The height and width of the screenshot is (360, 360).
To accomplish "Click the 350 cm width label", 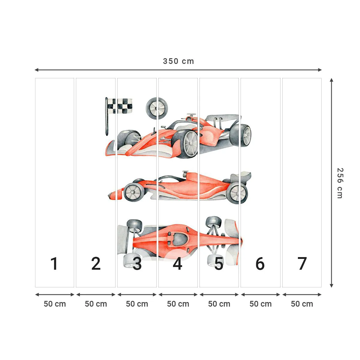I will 178,61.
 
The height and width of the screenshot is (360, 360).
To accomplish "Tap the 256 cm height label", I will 340,183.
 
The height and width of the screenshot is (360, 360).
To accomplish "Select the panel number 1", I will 54,264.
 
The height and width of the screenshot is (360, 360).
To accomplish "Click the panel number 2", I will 96,264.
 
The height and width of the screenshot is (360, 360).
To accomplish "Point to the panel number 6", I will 260,264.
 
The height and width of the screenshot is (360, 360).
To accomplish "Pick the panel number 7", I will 302,264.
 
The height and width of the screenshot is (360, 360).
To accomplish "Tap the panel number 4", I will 178,264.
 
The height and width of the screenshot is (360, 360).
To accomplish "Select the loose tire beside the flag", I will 157,108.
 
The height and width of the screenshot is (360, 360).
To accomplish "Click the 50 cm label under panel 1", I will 55,304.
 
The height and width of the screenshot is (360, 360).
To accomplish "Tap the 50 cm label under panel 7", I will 302,304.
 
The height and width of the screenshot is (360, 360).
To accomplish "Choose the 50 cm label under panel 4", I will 178,304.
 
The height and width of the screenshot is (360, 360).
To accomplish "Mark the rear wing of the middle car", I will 243,177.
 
